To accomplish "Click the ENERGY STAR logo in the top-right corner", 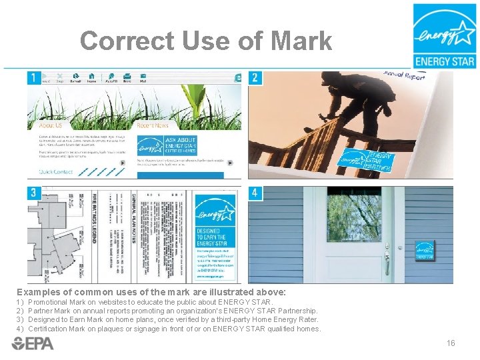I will pos(444,36).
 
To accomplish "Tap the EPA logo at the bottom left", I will pos(33,343).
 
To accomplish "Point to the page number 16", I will pos(451,343).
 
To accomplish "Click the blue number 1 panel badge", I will pos(33,78).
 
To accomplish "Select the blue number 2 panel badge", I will pos(255,78).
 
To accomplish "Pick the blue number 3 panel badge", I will pos(33,193).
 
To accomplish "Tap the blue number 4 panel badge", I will pos(255,193).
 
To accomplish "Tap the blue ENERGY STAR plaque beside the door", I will pos(425,250).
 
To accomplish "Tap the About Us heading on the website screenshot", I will pos(51,125).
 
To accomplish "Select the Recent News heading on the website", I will pos(153,125).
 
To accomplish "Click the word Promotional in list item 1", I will pos(51,302).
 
